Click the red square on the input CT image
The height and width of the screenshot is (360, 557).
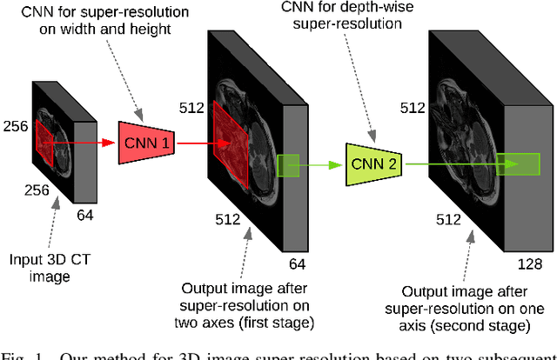click(44, 143)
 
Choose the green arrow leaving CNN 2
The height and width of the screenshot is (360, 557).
click(461, 163)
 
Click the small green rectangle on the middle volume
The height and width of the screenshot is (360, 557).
click(287, 163)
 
